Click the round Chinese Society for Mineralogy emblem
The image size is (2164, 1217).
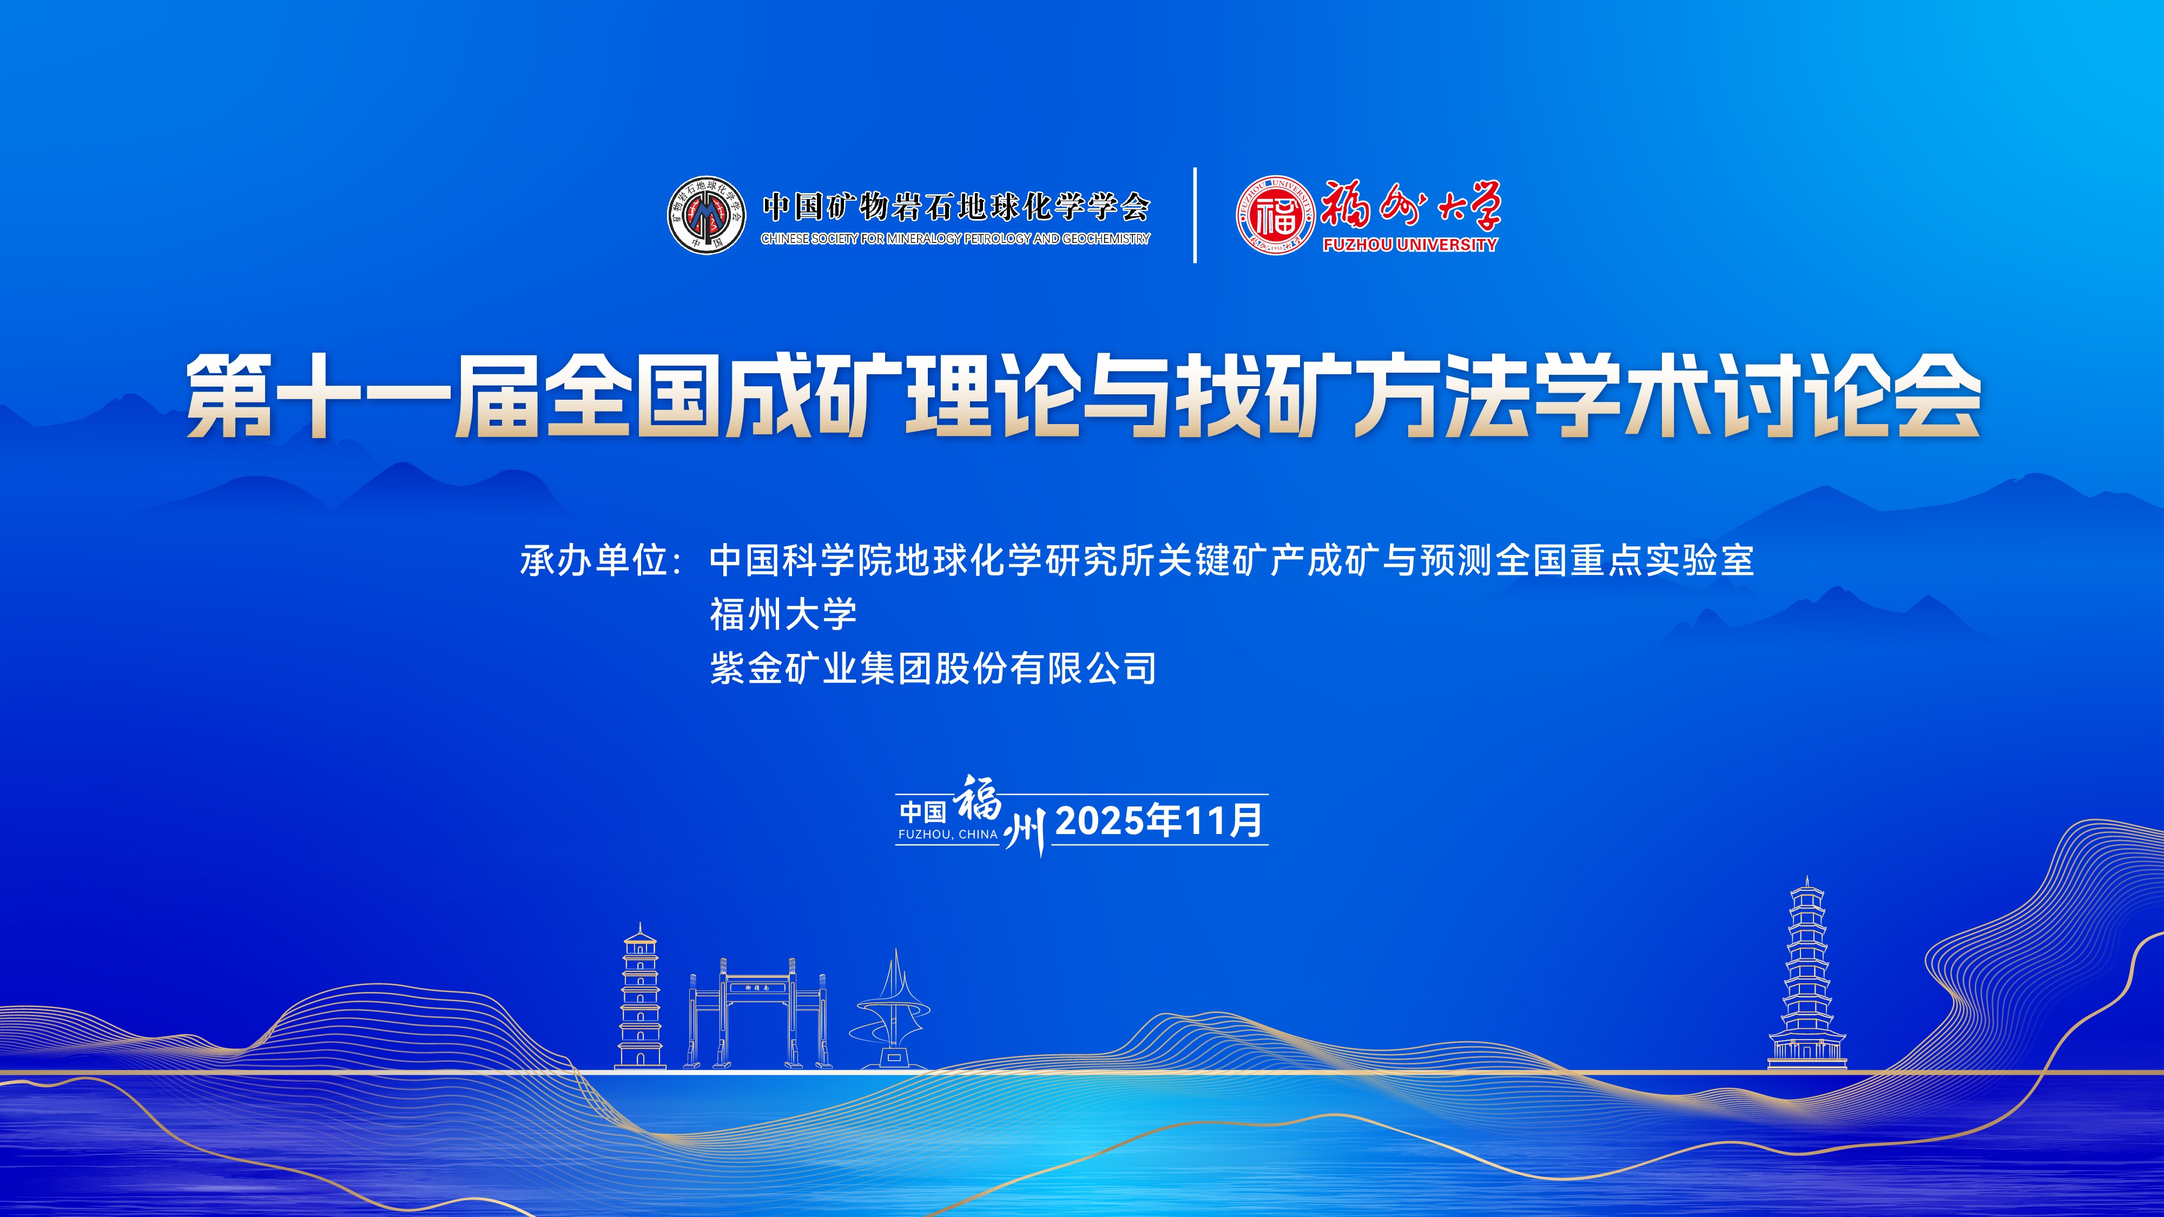tap(707, 215)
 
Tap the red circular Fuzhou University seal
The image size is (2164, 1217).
tap(1275, 215)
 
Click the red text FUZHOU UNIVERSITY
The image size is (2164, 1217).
tap(1410, 244)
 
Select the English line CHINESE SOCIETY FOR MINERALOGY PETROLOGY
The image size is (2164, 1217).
tap(955, 239)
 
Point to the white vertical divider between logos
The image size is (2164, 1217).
tap(1195, 215)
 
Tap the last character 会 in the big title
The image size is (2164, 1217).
tap(1938, 395)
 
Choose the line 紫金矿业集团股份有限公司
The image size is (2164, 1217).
tap(933, 669)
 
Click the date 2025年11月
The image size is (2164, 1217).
tap(1159, 821)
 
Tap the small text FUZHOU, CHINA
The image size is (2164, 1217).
tap(948, 834)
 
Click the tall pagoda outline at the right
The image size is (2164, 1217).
tap(1807, 974)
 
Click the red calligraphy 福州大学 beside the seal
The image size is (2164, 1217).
tap(1410, 206)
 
